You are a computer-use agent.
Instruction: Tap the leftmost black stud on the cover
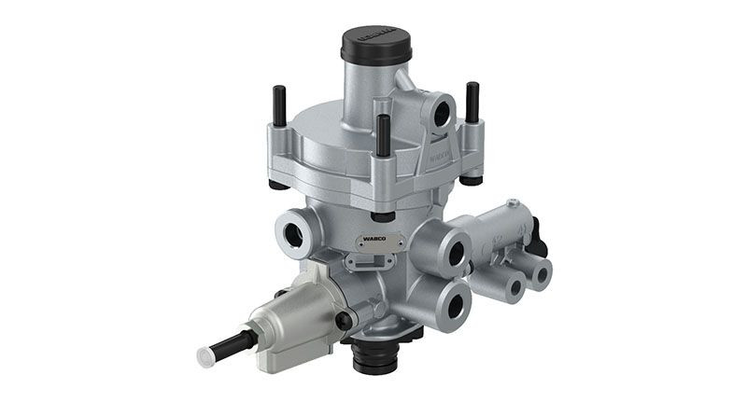[x=277, y=102]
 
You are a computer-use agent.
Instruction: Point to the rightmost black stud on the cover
[x=472, y=102]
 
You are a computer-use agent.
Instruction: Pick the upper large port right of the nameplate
[x=457, y=252]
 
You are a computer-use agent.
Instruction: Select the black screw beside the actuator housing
[x=345, y=321]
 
